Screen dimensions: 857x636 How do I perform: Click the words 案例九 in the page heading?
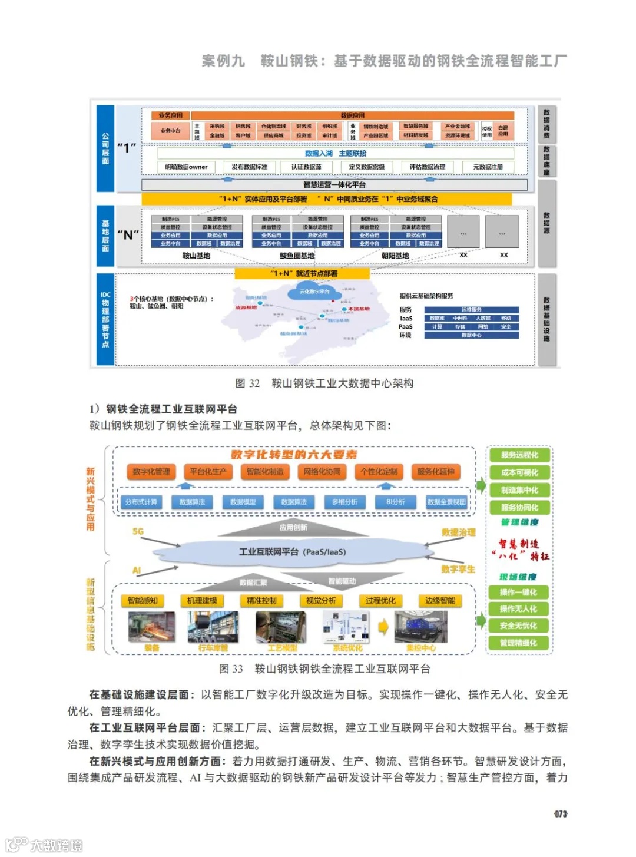click(x=223, y=61)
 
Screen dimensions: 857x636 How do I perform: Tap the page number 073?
click(x=561, y=814)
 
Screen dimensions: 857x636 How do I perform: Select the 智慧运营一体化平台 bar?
click(x=334, y=185)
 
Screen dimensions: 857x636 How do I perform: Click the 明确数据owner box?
click(x=186, y=167)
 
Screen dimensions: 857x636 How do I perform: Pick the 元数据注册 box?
click(x=488, y=167)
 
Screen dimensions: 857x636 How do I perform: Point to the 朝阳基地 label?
click(x=395, y=256)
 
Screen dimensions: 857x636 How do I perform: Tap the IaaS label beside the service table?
click(x=406, y=318)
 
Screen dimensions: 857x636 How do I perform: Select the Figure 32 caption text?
click(x=324, y=383)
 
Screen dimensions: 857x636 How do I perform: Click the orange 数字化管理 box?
click(x=151, y=472)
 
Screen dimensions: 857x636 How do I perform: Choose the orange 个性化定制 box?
click(x=379, y=472)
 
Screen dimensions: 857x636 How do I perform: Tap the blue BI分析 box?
click(x=395, y=502)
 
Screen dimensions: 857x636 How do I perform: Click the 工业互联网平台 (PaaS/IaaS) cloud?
click(x=293, y=552)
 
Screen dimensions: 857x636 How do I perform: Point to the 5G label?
click(x=138, y=531)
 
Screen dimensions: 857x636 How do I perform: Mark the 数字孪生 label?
click(x=458, y=570)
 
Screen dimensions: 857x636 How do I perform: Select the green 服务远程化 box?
click(x=519, y=455)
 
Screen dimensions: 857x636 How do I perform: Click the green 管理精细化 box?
click(x=518, y=643)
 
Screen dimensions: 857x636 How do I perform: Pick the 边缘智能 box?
click(x=440, y=601)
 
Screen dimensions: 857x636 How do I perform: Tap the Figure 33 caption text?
click(x=324, y=669)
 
